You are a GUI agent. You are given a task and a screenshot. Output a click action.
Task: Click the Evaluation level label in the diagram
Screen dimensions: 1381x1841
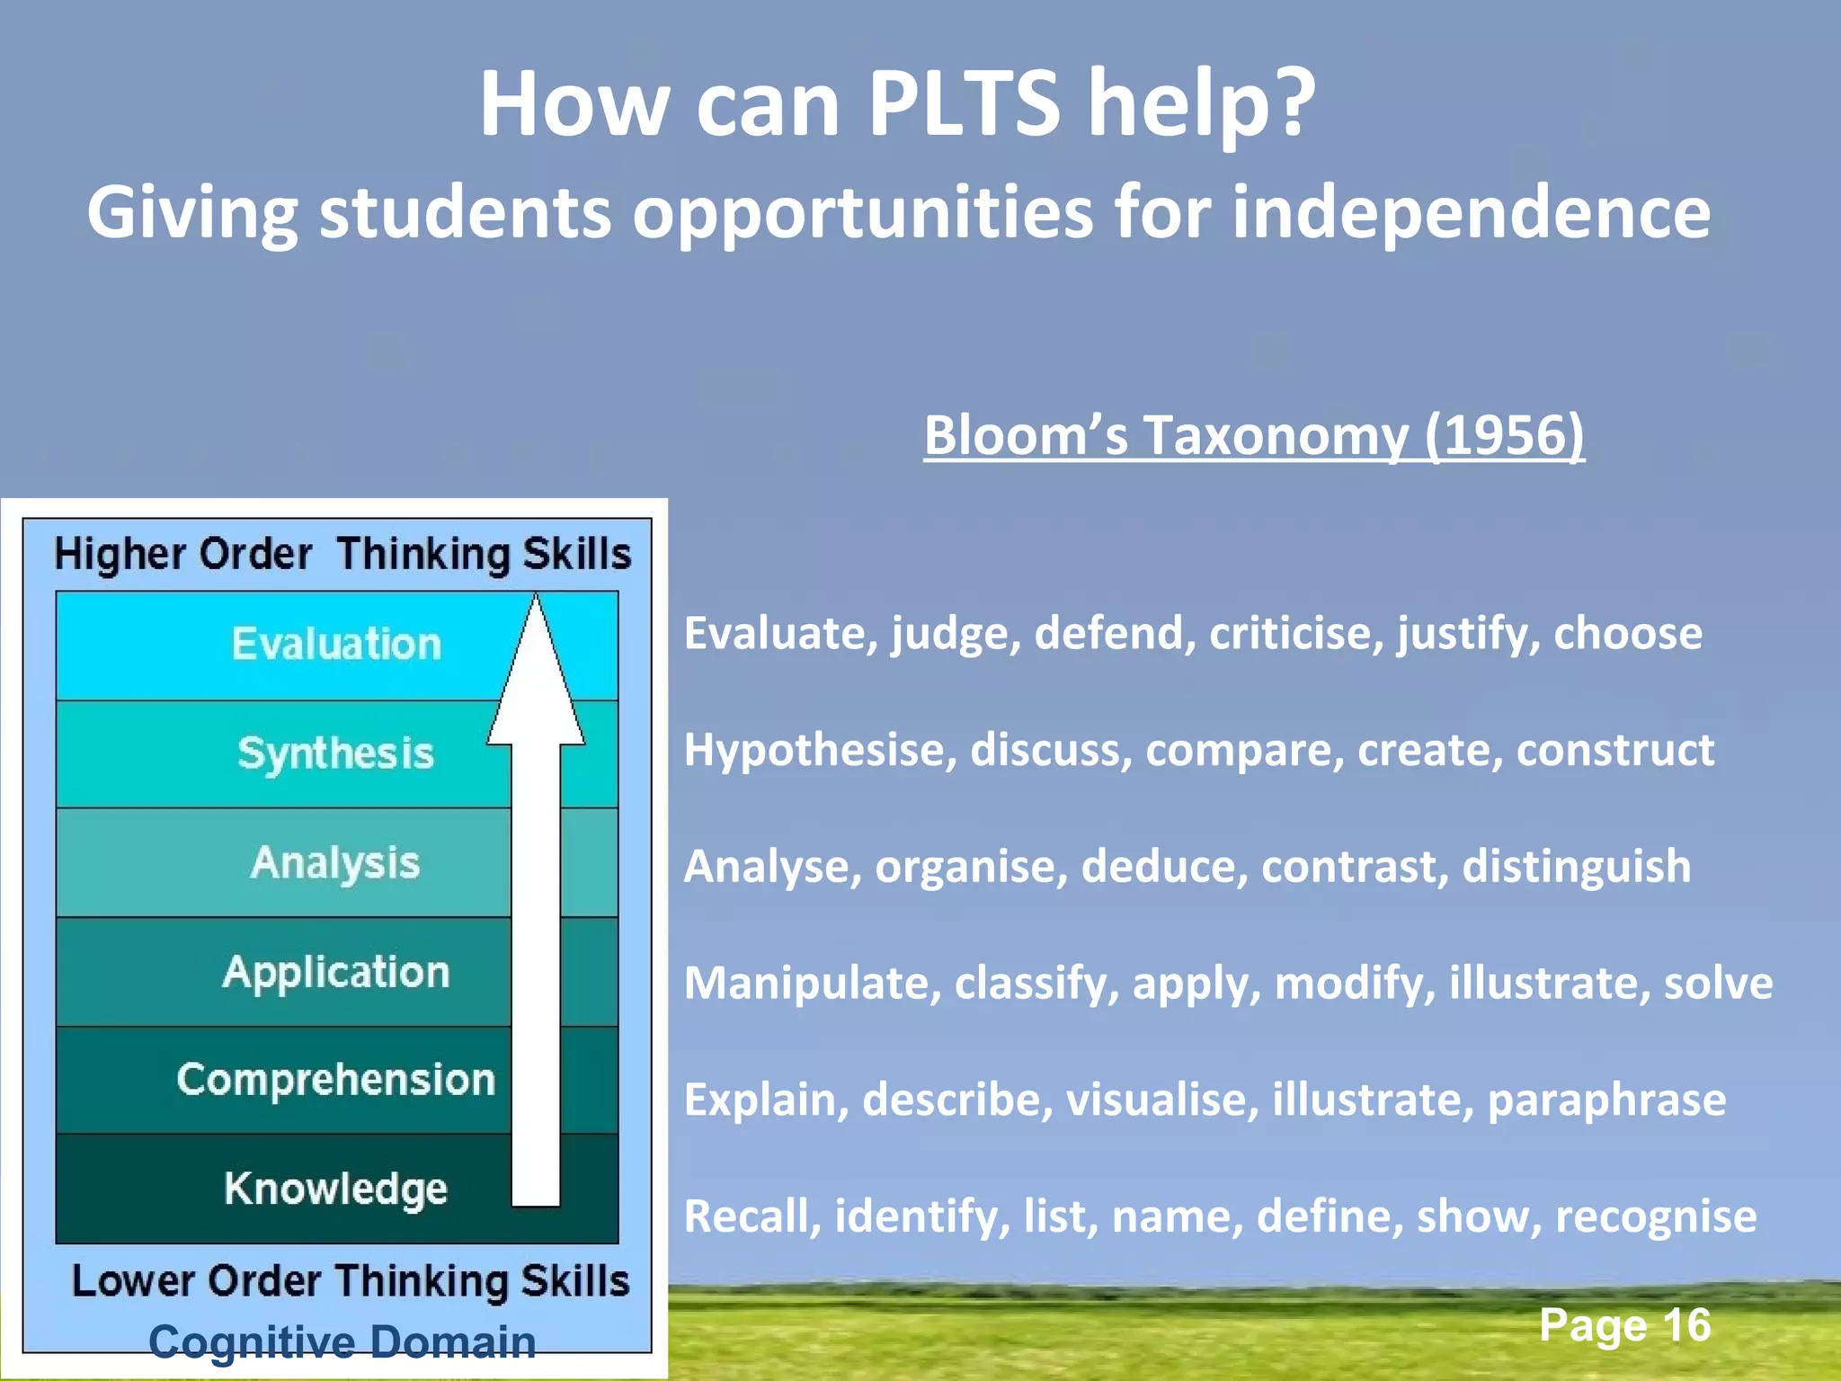[x=336, y=644]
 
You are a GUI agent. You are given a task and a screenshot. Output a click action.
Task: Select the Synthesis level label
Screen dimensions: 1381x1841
[x=335, y=753]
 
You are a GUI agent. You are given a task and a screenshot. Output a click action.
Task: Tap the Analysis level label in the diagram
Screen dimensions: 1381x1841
[x=335, y=862]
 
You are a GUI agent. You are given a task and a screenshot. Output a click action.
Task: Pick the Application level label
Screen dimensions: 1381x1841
[x=336, y=972]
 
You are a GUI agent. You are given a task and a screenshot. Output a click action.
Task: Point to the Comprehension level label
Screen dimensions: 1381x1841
[x=336, y=1080]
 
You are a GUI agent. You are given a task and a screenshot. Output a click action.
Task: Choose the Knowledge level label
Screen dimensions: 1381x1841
[x=335, y=1189]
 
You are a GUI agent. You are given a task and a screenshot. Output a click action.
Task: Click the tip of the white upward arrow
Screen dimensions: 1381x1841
[x=537, y=599]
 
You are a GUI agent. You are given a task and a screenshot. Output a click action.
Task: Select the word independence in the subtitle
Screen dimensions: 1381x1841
[x=1471, y=212]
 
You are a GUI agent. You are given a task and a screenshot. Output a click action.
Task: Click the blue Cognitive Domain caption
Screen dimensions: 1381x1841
[x=342, y=1341]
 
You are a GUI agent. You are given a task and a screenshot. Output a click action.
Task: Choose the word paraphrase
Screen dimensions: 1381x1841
[x=1606, y=1100]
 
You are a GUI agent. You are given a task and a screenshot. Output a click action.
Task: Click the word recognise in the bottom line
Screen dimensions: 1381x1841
[x=1656, y=1216]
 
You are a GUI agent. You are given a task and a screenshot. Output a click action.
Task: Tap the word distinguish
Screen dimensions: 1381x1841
[x=1576, y=867]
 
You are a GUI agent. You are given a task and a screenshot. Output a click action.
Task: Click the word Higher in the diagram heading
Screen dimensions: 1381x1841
[x=120, y=554]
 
